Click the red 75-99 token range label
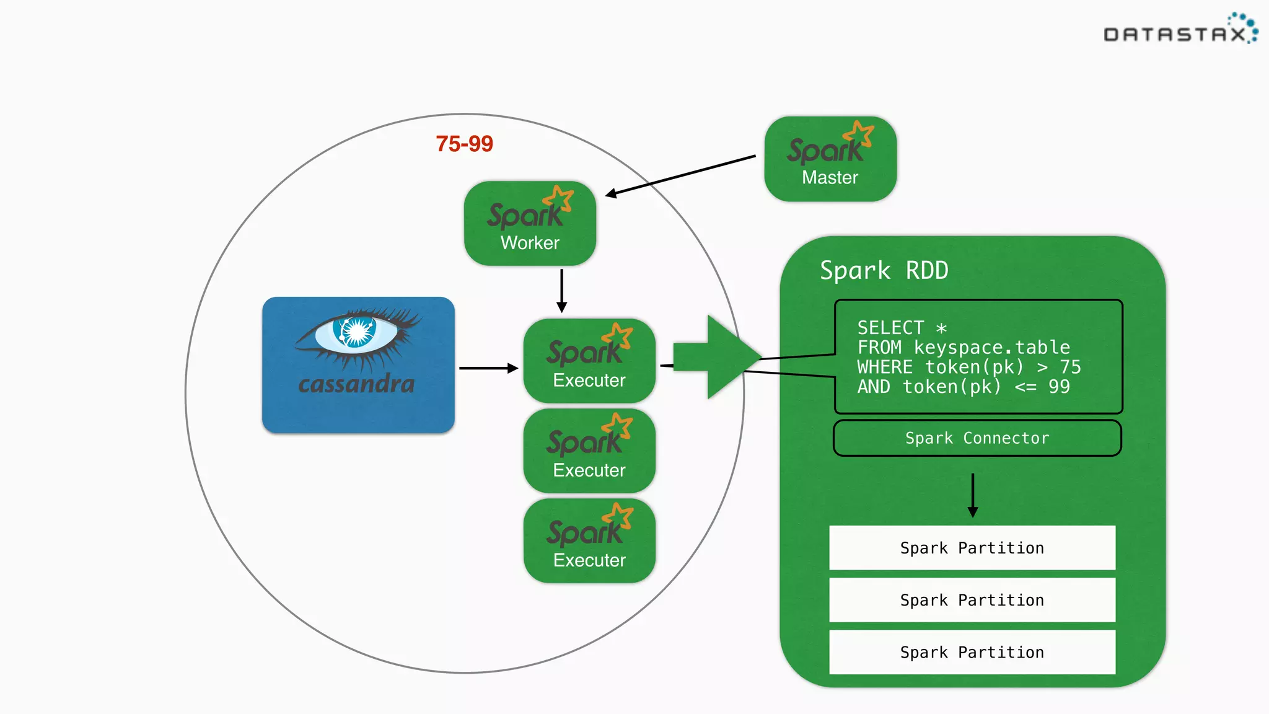tap(464, 144)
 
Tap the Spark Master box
tap(830, 159)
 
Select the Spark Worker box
tap(530, 224)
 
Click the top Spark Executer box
tap(589, 361)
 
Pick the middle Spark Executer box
tap(589, 451)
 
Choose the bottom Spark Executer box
tap(589, 541)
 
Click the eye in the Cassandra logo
tap(356, 332)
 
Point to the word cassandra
tap(356, 384)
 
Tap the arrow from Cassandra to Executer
tap(488, 368)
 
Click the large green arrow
tap(713, 357)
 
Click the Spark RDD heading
tap(884, 270)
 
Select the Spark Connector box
tap(977, 438)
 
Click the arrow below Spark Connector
tap(973, 495)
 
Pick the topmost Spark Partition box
tap(972, 548)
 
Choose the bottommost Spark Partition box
tap(972, 652)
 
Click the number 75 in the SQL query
tap(1070, 367)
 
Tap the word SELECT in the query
tap(890, 327)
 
